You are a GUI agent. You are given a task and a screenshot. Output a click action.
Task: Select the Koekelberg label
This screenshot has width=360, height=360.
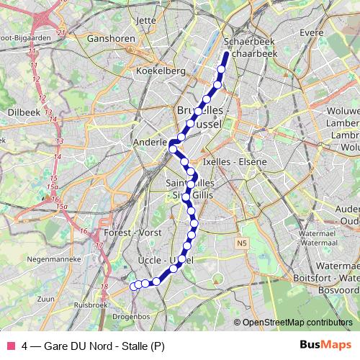click(x=161, y=71)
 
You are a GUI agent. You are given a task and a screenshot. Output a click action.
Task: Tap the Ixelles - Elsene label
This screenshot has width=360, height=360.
click(x=235, y=161)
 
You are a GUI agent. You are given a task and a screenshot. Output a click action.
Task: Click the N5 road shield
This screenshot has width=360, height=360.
click(x=242, y=243)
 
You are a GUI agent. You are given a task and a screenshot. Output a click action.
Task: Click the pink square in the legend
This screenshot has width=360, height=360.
click(x=10, y=345)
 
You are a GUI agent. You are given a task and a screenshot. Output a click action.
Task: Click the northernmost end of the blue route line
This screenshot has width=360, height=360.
click(x=226, y=55)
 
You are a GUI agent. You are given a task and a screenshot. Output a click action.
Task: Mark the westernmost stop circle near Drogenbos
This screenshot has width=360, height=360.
click(x=134, y=286)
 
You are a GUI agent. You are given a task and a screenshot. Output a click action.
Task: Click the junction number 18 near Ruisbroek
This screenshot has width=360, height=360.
click(x=104, y=288)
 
